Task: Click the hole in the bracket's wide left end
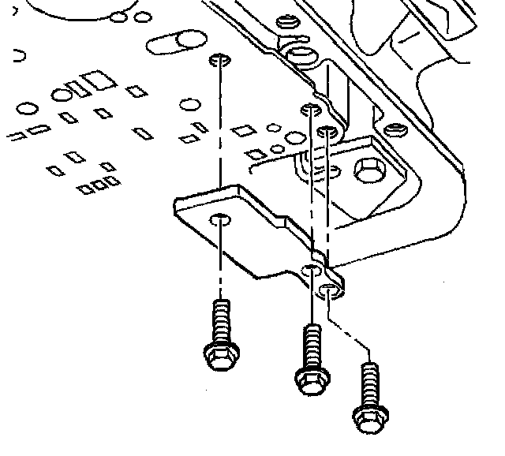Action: pyautogui.click(x=221, y=220)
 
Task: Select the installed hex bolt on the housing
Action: pyautogui.click(x=368, y=172)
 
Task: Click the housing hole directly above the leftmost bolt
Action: pyautogui.click(x=220, y=61)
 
